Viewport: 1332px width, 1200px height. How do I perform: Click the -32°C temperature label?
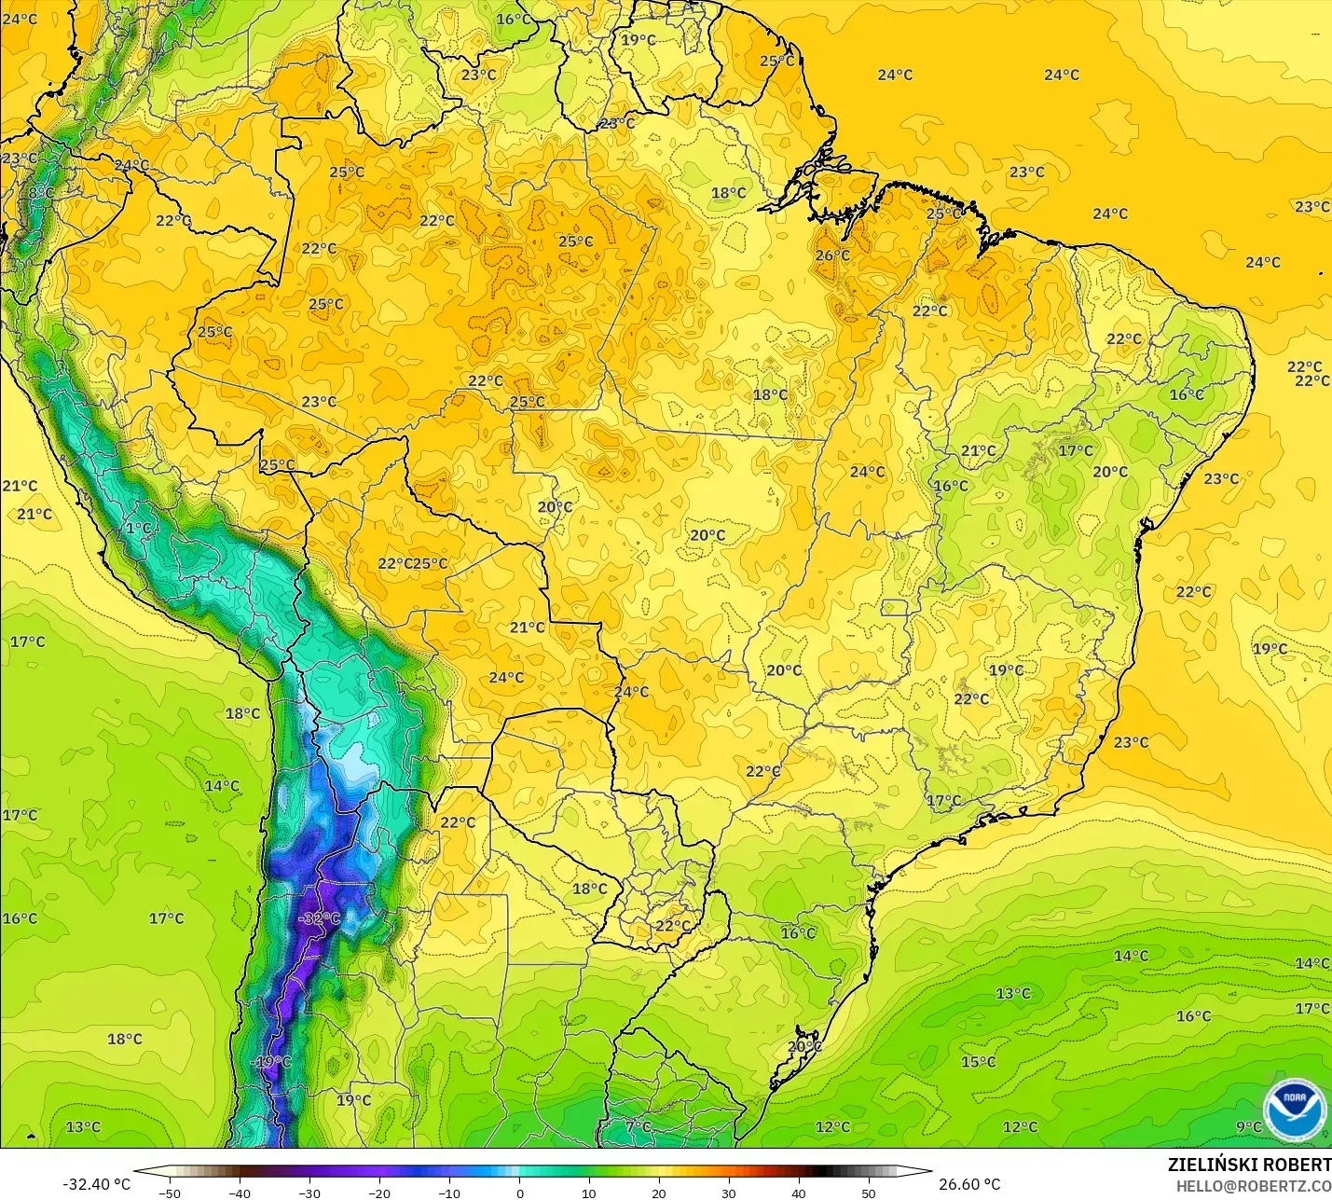[x=320, y=918]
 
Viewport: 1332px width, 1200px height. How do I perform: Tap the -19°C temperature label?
[x=272, y=1062]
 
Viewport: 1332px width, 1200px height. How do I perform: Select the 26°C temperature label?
[x=832, y=255]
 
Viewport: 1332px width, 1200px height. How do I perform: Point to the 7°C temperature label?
[x=639, y=1127]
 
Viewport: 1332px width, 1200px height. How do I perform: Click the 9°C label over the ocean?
[x=1249, y=1127]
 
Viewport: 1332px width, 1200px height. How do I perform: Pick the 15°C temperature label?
[x=979, y=1062]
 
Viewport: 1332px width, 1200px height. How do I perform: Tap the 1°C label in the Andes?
[x=138, y=529]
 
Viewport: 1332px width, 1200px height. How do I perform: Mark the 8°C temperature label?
[x=41, y=193]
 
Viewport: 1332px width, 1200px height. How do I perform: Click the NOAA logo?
[x=1295, y=1110]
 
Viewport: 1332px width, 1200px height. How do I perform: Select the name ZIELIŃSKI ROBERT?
[x=1249, y=1166]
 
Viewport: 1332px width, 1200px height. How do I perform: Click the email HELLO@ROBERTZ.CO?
[x=1253, y=1186]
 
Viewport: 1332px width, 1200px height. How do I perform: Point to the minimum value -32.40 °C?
[x=96, y=1184]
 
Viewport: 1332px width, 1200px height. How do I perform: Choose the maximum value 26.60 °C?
[x=969, y=1184]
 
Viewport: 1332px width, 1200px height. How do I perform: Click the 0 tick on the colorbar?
[x=519, y=1193]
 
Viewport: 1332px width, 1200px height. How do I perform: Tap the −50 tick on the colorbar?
[x=169, y=1193]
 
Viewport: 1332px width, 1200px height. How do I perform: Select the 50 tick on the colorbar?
[x=869, y=1193]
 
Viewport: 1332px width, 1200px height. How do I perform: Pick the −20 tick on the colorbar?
[x=378, y=1193]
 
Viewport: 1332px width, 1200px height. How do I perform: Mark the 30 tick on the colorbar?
[x=729, y=1193]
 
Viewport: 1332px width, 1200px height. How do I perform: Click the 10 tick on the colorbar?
[x=589, y=1193]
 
